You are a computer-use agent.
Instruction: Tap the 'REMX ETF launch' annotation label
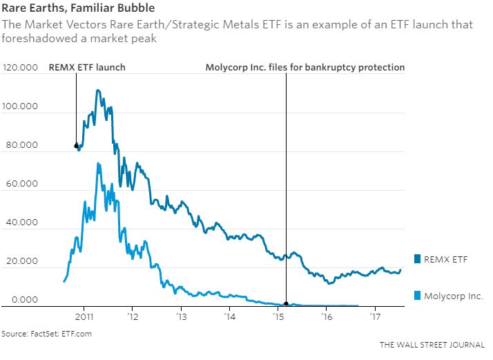pyautogui.click(x=86, y=68)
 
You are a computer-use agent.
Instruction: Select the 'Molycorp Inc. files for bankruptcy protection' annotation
pyautogui.click(x=305, y=68)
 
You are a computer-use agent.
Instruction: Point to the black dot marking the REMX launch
pyautogui.click(x=76, y=146)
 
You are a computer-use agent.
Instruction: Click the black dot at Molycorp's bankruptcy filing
pyautogui.click(x=286, y=304)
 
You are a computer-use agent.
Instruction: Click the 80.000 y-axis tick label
pyautogui.click(x=21, y=146)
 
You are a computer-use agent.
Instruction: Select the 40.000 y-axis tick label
pyautogui.click(x=21, y=223)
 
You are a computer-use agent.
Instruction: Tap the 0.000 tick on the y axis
pyautogui.click(x=23, y=300)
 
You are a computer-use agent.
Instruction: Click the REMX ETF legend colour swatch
pyautogui.click(x=418, y=259)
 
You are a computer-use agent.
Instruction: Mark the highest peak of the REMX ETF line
pyautogui.click(x=98, y=90)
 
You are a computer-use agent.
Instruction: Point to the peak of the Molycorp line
pyautogui.click(x=99, y=164)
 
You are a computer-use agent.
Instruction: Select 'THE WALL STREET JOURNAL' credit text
pyautogui.click(x=432, y=343)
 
